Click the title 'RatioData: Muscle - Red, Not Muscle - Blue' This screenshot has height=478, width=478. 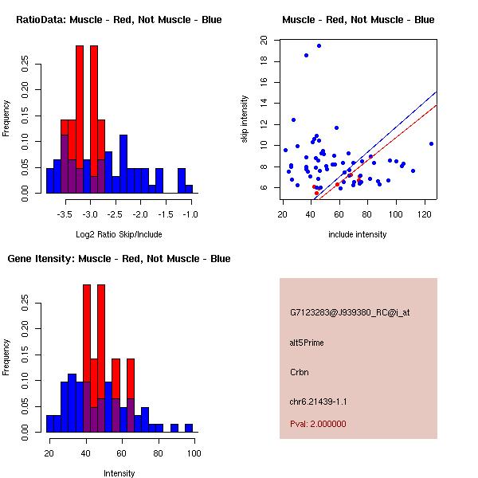coord(119,20)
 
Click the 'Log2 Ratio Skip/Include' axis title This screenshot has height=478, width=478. coord(119,234)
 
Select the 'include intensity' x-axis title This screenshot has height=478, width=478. coord(358,234)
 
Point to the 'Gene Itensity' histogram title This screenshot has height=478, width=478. coord(119,259)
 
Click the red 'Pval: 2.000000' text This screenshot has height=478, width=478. coord(318,424)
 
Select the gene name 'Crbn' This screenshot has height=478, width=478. coord(300,372)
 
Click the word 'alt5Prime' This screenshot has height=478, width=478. coord(307,343)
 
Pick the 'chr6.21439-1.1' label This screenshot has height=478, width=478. coord(319,402)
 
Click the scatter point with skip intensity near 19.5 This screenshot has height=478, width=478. coord(319,45)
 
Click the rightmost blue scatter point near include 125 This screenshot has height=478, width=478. coord(431,144)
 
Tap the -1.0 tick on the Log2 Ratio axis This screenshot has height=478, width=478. coord(191,214)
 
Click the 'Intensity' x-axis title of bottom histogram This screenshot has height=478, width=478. coord(119,473)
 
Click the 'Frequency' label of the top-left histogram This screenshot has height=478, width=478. coord(7,118)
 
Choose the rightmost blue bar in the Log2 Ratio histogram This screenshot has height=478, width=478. coord(189,189)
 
